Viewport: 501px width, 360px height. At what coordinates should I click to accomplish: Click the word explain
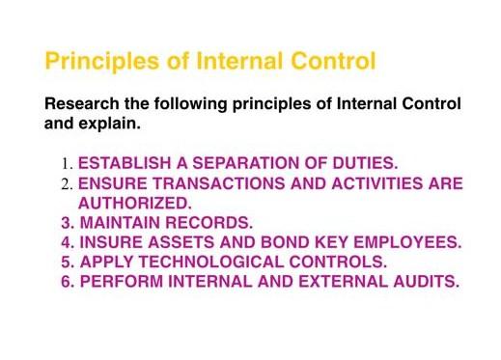[x=113, y=125]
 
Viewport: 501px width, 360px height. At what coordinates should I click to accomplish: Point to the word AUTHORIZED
[x=135, y=203]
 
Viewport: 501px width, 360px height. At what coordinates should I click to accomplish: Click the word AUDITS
[x=422, y=282]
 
